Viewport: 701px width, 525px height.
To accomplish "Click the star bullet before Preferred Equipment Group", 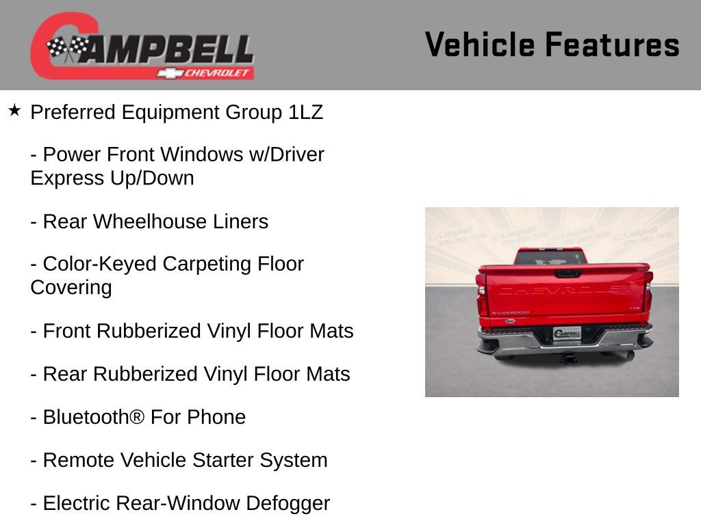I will (x=14, y=109).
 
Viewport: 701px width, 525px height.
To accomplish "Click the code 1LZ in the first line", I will (x=305, y=112).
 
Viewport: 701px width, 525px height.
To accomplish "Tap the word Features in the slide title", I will (x=612, y=45).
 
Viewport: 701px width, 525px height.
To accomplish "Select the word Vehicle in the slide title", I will (x=479, y=45).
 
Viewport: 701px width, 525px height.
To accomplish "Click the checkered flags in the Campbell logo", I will (x=67, y=49).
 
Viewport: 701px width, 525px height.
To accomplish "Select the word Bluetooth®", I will (x=94, y=417).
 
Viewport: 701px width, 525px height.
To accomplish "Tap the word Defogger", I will (x=288, y=503).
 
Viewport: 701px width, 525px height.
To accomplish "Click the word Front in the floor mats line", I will (x=67, y=331).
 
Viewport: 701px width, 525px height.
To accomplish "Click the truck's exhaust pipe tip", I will (x=628, y=355).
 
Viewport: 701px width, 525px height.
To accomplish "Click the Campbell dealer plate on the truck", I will (x=567, y=334).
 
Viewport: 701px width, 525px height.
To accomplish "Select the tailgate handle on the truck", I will (x=568, y=273).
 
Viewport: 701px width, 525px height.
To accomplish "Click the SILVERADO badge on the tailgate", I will (x=510, y=312).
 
